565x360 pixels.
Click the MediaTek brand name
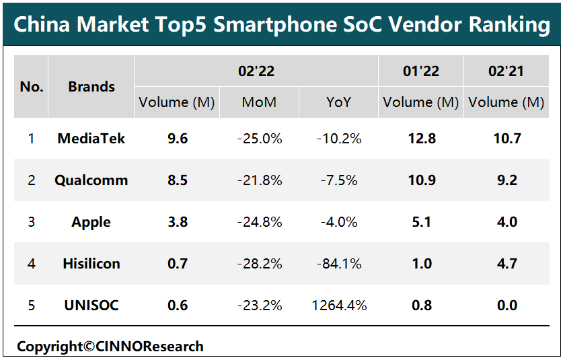(91, 139)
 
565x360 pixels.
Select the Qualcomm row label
(91, 180)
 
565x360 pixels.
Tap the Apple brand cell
(91, 222)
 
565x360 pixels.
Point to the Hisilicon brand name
(91, 264)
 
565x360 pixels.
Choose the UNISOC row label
(91, 305)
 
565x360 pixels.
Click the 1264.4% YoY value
(339, 305)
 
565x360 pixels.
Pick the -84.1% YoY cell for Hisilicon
(339, 264)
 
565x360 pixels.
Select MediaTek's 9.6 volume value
(178, 139)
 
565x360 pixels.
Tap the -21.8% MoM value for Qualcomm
(260, 180)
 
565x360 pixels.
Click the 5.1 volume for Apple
(421, 222)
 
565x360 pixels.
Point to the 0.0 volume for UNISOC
(506, 305)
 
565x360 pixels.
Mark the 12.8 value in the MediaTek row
(421, 139)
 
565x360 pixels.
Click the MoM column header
(260, 102)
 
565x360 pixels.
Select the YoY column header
(339, 102)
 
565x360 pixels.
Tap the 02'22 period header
(256, 71)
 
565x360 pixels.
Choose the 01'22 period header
(421, 71)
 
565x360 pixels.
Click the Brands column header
(91, 87)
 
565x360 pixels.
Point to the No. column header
(32, 87)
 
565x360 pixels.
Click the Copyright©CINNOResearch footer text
(110, 347)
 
